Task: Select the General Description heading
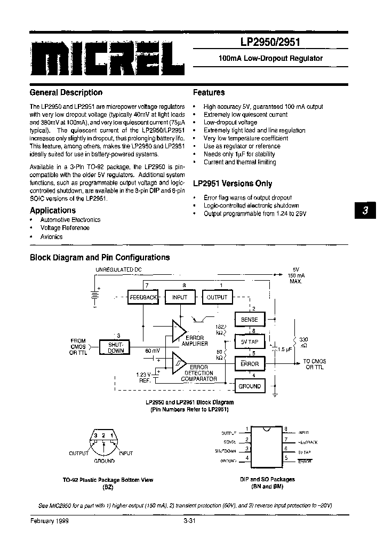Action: (x=66, y=92)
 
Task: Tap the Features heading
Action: (x=209, y=92)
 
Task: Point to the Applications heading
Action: (x=53, y=210)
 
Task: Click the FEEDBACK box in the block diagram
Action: (x=142, y=297)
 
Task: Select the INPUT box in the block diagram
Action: (x=180, y=297)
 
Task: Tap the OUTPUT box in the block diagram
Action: (x=217, y=297)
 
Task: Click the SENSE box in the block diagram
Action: (x=249, y=320)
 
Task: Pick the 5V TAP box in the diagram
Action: (x=249, y=342)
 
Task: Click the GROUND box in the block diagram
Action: (x=249, y=386)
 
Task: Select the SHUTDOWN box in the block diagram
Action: (x=116, y=347)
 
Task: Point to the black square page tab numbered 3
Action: (x=365, y=211)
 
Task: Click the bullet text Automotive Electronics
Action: (x=70, y=220)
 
